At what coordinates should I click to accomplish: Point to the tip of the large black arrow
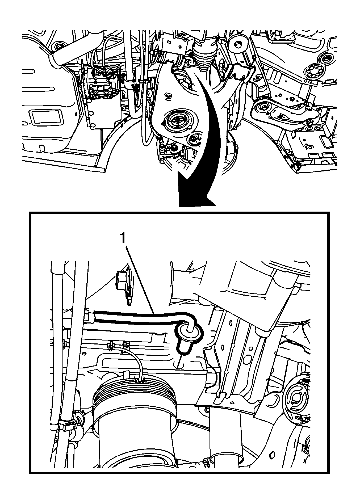180,206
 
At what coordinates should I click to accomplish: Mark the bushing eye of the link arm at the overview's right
263,108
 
